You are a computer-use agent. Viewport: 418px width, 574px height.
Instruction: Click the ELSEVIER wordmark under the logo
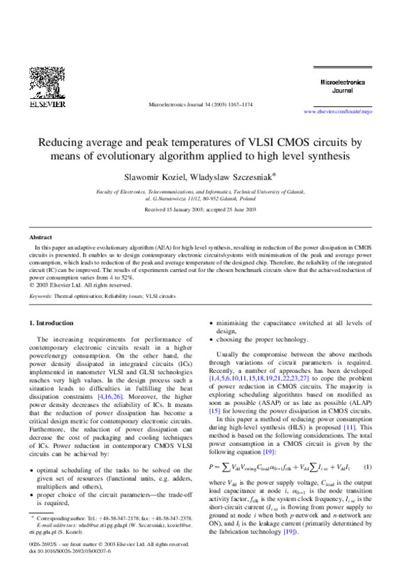47,104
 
